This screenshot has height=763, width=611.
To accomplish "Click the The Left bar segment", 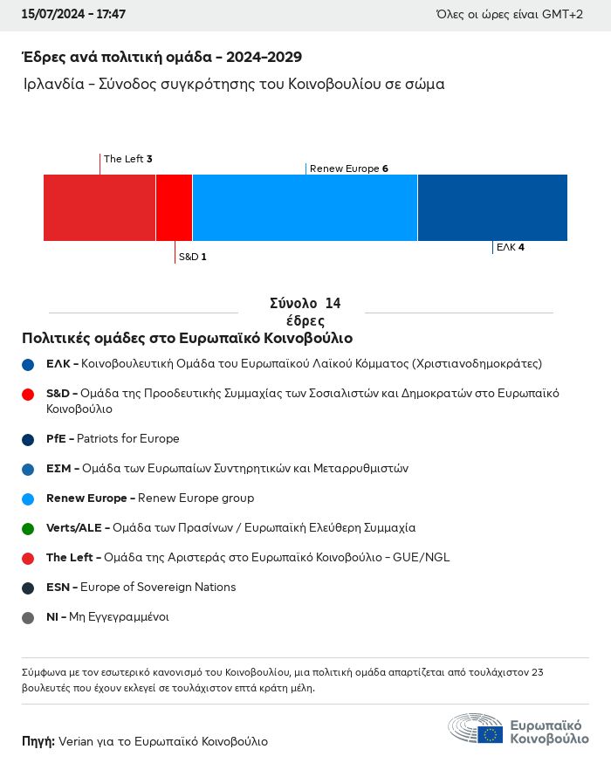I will tap(99, 208).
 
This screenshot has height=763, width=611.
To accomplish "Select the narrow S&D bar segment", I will tap(174, 208).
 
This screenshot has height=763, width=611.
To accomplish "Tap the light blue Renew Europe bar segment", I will tap(305, 208).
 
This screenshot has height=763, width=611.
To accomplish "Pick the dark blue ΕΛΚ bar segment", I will tap(492, 208).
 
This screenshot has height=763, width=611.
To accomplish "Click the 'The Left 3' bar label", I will tap(127, 159).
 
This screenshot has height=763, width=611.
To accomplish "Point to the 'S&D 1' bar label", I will tap(192, 257).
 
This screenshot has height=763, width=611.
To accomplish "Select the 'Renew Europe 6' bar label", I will tap(348, 168).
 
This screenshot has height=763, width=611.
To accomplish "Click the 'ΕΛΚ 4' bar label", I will tap(510, 247).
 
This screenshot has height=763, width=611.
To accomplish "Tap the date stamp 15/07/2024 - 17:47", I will tap(74, 15).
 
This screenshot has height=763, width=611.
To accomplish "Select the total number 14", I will tap(332, 304).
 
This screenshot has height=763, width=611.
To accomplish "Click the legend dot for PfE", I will tap(28, 439).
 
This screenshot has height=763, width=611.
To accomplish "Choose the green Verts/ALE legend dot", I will tap(28, 528).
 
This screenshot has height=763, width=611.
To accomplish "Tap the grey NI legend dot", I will tap(28, 617).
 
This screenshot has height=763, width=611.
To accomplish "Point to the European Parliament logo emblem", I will tap(476, 729).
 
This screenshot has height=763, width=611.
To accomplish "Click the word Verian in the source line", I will tap(75, 741).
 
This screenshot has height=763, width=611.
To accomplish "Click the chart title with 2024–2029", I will tap(161, 58).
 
